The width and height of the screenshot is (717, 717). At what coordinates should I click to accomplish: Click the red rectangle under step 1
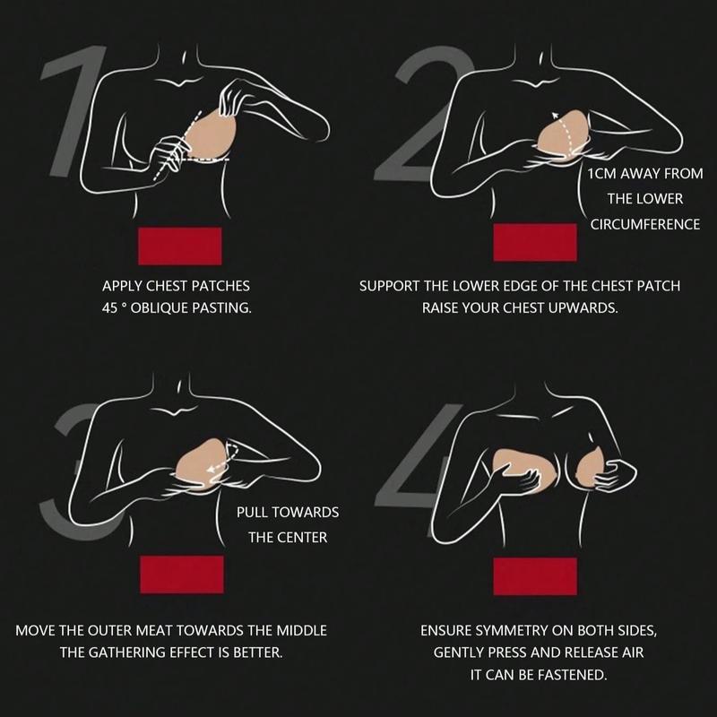[180, 246]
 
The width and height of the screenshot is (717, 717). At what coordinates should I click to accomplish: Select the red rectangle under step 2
[535, 242]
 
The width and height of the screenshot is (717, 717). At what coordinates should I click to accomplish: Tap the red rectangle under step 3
[182, 574]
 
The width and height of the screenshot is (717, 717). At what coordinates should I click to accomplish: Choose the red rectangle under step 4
[535, 576]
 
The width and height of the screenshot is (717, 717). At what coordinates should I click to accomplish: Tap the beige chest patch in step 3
[206, 462]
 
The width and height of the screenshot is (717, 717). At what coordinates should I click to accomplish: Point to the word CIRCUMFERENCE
[645, 225]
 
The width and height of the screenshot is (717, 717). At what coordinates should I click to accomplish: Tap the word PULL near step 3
[253, 512]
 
